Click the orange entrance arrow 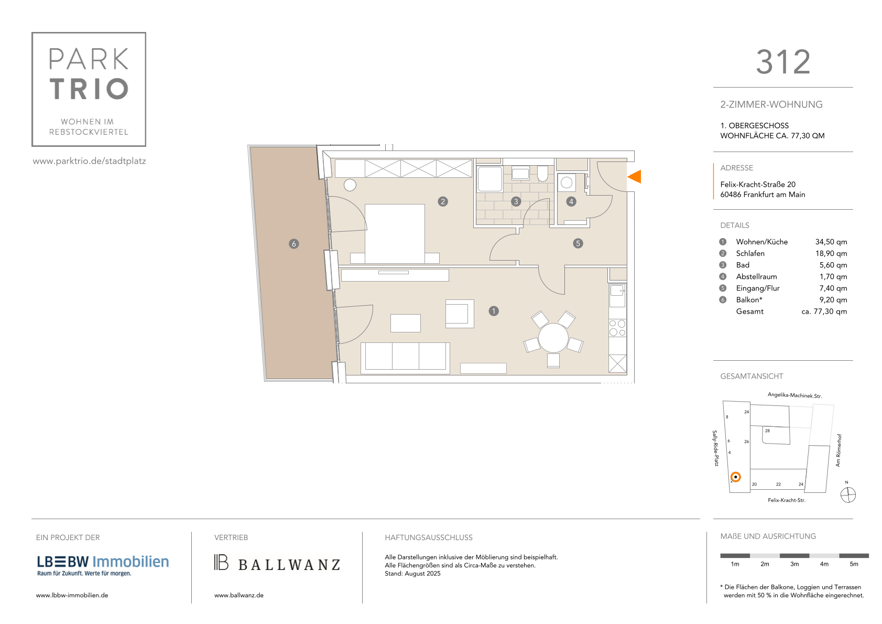coord(635,177)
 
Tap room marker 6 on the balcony coord(293,244)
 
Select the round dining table coord(553,338)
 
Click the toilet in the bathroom coord(542,174)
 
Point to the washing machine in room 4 coord(567,183)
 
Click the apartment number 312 coord(783,62)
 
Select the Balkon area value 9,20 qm coord(833,300)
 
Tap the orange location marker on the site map coord(735,477)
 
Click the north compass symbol coord(848,495)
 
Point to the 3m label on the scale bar coord(794,564)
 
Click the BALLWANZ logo coord(277,563)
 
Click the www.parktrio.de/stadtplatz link coord(90,161)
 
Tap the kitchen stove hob coord(617,328)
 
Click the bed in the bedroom coord(395,233)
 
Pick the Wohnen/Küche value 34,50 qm coord(831,242)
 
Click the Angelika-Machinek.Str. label coord(794,395)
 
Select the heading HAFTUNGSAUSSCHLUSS coord(428,537)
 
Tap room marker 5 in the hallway coord(578,243)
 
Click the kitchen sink coord(617,295)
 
